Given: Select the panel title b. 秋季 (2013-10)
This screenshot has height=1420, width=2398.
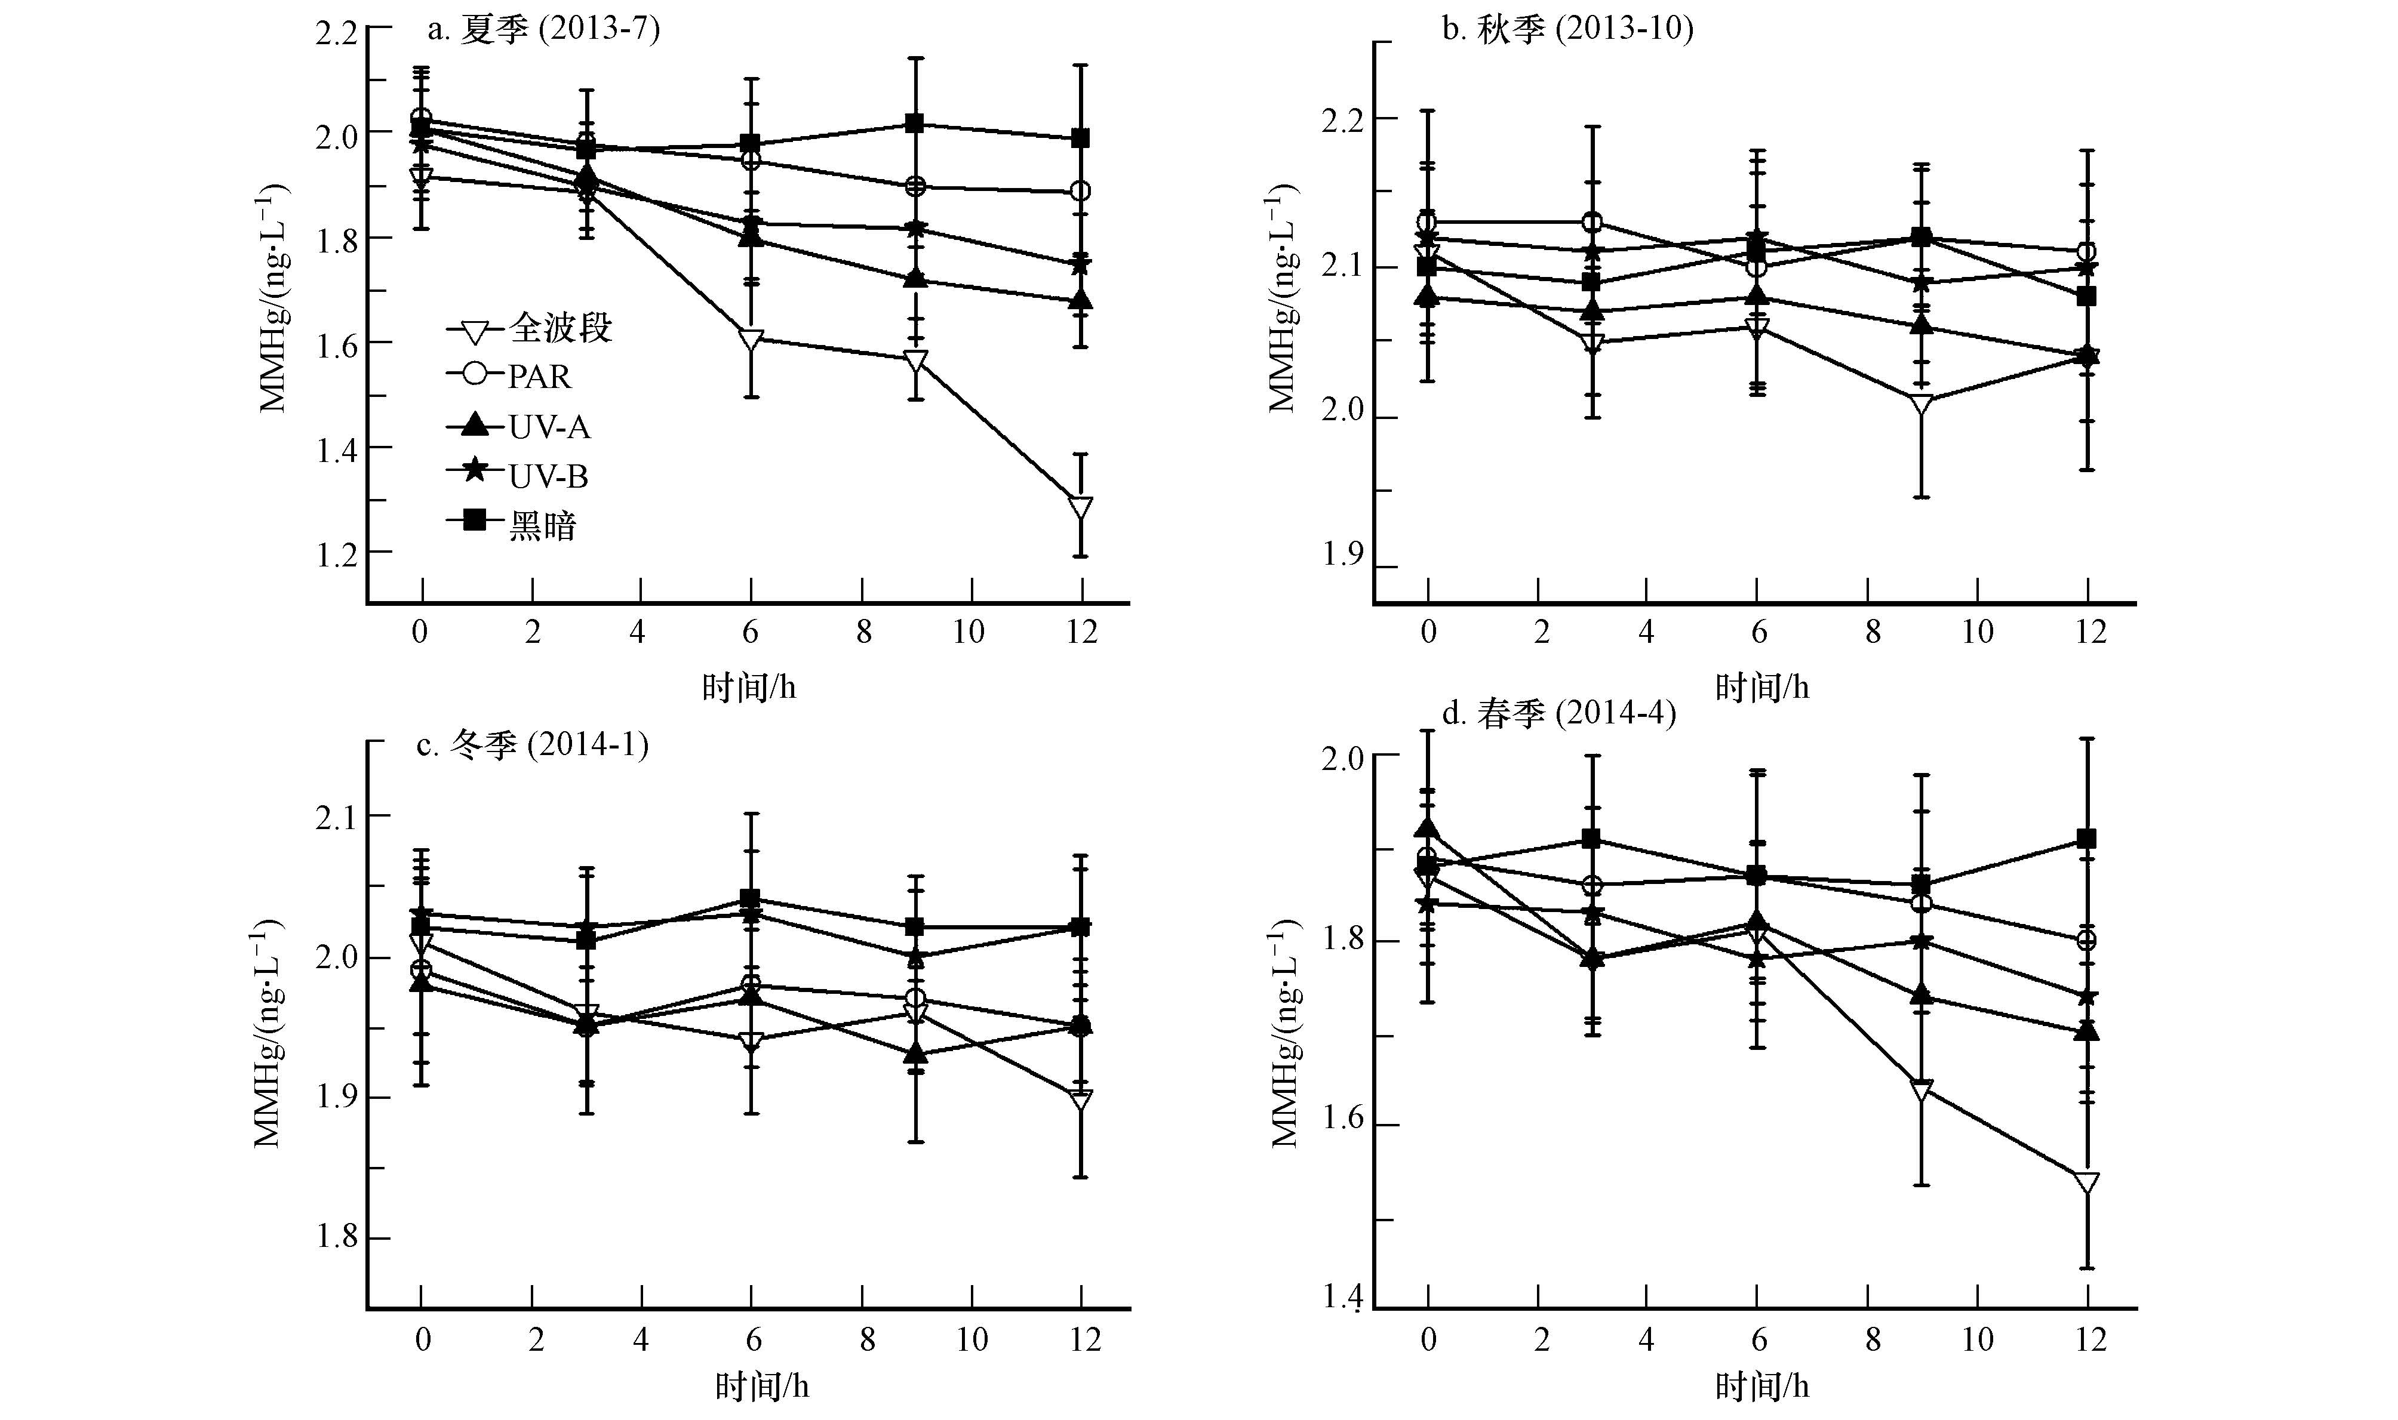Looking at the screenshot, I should pyautogui.click(x=1567, y=30).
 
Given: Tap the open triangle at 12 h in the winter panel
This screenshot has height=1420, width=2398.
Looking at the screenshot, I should pyautogui.click(x=1081, y=1099).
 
